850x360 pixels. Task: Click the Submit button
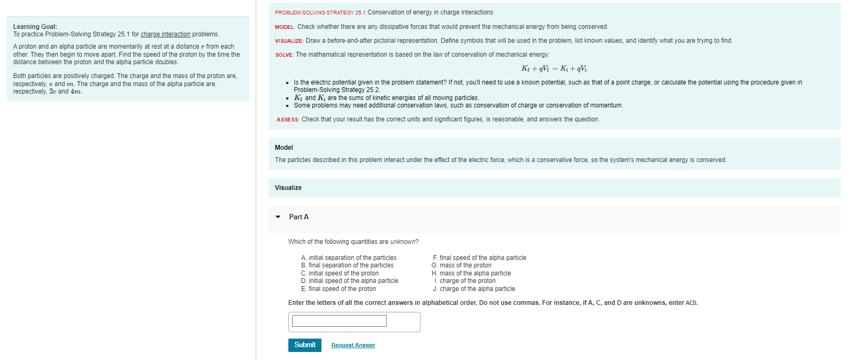(305, 345)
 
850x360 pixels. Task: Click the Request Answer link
(353, 346)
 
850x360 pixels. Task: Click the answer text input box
(339, 321)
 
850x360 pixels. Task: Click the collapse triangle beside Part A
(278, 217)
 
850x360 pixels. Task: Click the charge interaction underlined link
(165, 34)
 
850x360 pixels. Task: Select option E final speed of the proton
(338, 289)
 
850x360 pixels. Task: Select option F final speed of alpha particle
(479, 258)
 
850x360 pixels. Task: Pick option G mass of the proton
(461, 265)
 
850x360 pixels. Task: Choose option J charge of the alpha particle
(474, 289)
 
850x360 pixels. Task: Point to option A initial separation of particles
(348, 258)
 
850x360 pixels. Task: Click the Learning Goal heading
(35, 27)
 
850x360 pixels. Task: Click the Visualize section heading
(288, 188)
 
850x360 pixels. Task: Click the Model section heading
(284, 148)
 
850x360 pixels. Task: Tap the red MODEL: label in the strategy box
(285, 27)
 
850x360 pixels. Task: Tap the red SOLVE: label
(284, 55)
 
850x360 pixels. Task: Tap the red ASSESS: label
(288, 120)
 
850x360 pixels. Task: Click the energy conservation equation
(555, 68)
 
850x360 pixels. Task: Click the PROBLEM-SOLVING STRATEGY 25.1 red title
(320, 12)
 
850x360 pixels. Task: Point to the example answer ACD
(691, 303)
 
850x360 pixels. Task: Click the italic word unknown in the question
(403, 242)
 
